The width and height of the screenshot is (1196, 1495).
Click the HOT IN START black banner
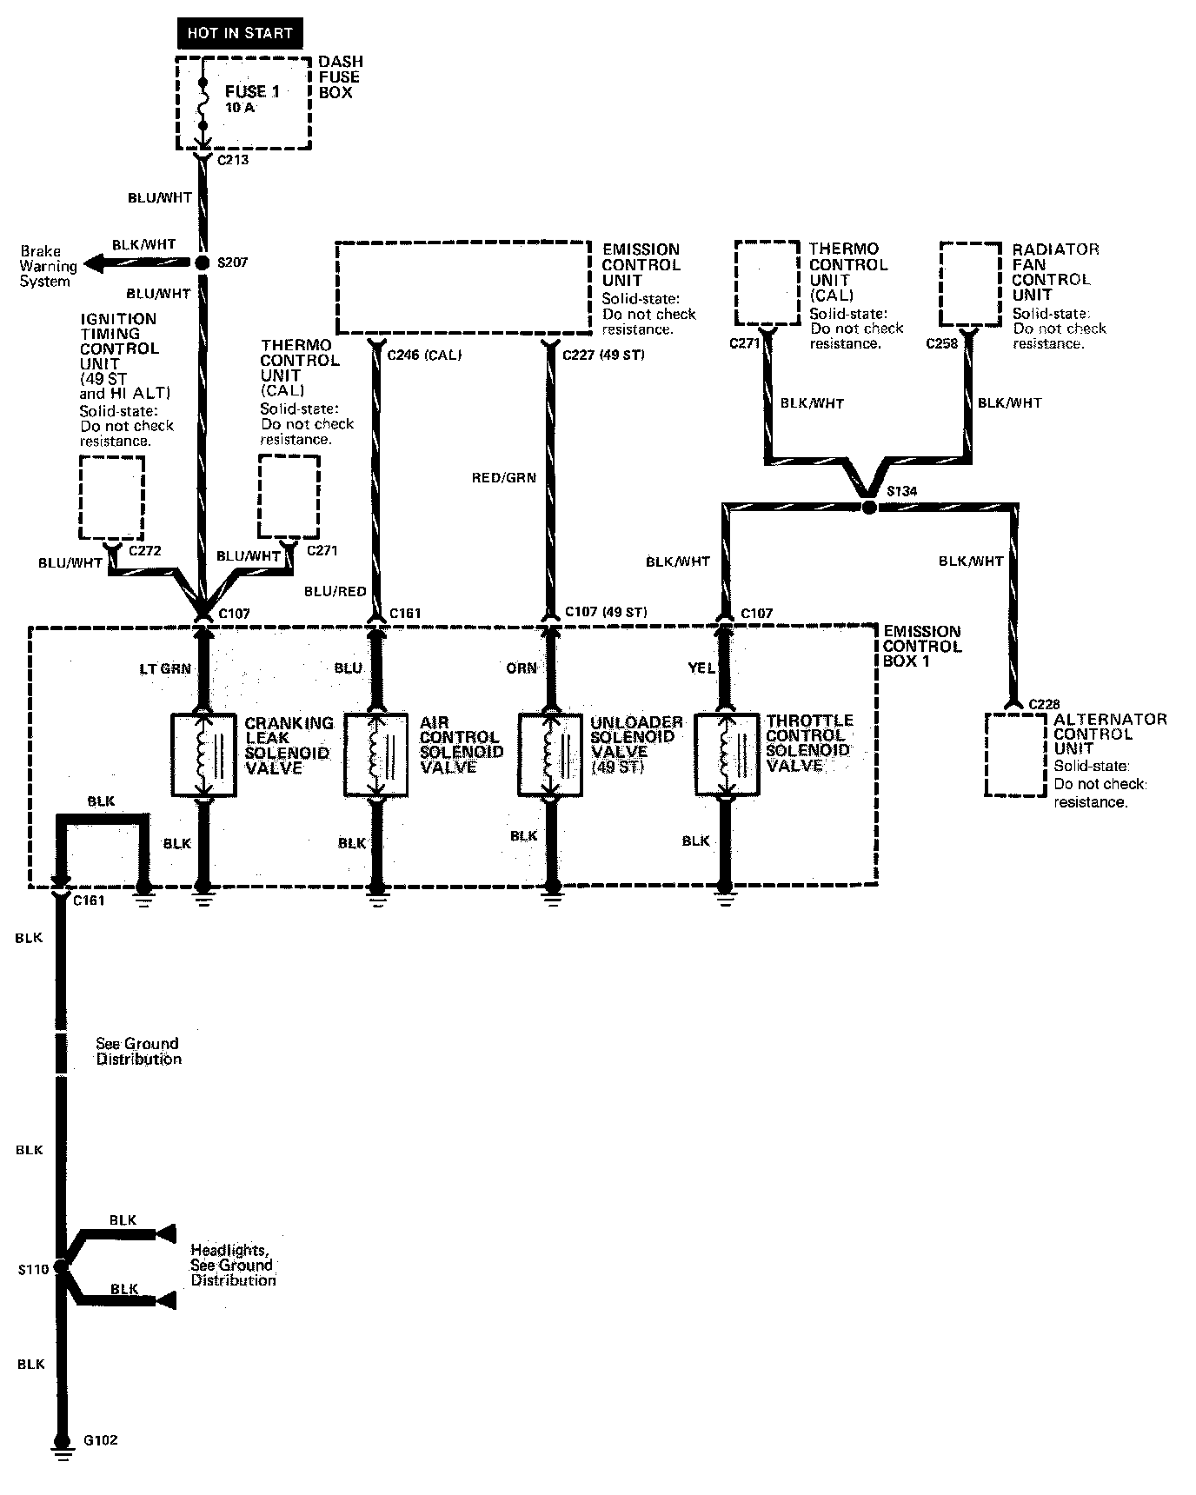coord(240,34)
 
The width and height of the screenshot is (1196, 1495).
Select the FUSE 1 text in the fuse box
coord(252,91)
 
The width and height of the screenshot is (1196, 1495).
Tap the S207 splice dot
coord(202,262)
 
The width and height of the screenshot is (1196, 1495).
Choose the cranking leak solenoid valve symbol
coord(203,754)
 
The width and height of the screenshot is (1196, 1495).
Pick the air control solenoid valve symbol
coord(376,754)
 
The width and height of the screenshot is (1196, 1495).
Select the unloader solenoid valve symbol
coord(550,754)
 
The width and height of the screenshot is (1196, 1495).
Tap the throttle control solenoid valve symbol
coord(726,754)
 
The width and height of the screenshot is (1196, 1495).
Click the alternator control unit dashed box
coord(1015,754)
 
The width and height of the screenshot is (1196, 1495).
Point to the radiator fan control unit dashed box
coord(971,283)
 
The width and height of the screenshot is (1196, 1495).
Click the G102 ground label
coord(100,1440)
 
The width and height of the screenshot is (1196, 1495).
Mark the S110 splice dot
coord(61,1266)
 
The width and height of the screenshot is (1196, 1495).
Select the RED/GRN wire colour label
coord(504,478)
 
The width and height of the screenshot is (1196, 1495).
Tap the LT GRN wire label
coord(165,668)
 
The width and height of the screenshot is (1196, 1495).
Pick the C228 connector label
coord(1045,704)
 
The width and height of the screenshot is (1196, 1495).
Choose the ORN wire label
coord(522,668)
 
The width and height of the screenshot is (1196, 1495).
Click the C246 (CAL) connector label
coord(424,355)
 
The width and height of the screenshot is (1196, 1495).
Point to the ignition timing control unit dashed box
coord(111,497)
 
